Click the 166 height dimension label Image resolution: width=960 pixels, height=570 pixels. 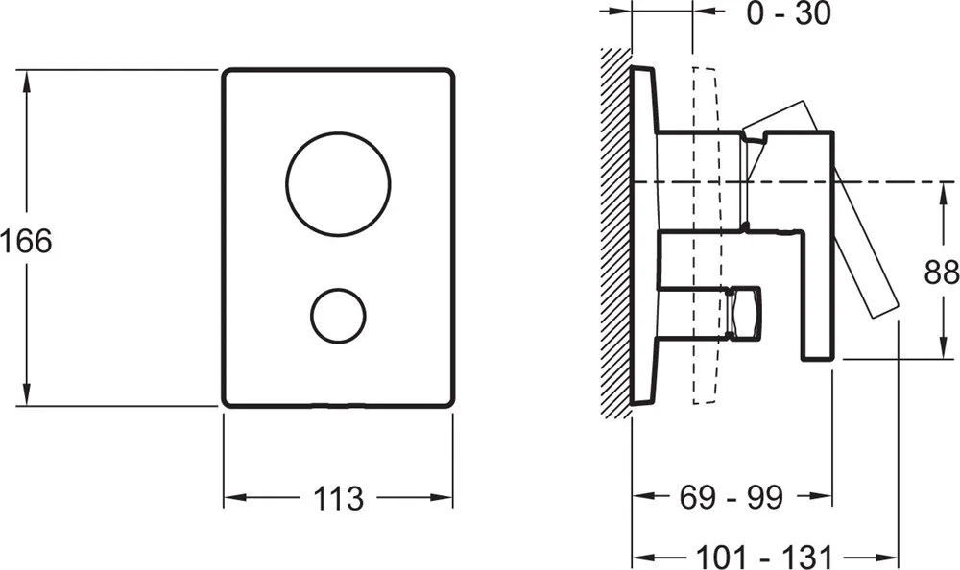(x=26, y=241)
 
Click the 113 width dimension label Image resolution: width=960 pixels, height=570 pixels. (x=338, y=498)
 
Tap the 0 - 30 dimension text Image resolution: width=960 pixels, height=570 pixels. (x=788, y=12)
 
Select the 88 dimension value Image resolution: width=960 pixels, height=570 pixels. (x=942, y=272)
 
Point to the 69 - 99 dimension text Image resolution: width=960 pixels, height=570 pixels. (x=731, y=497)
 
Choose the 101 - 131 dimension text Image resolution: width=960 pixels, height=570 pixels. (x=765, y=557)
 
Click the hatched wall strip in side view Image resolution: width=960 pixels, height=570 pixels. (x=616, y=232)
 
